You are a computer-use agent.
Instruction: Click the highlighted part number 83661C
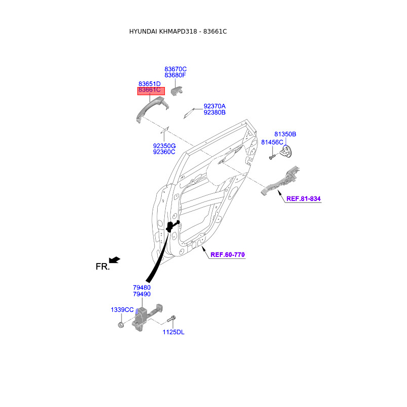tap(149, 90)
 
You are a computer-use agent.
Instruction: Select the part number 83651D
tap(149, 84)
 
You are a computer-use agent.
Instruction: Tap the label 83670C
tap(176, 69)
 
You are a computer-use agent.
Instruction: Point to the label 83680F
tap(176, 75)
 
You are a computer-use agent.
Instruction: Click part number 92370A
tap(214, 106)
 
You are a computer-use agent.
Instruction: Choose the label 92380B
tap(214, 112)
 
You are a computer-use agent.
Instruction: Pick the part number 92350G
tap(164, 146)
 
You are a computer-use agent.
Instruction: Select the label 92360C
tap(164, 152)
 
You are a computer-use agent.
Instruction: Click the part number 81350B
tap(285, 134)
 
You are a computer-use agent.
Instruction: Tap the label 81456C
tap(272, 142)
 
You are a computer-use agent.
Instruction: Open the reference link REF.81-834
tap(303, 198)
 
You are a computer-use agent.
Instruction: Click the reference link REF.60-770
tap(228, 254)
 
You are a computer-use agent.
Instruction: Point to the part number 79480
tap(141, 287)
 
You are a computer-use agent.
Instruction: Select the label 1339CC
tap(122, 310)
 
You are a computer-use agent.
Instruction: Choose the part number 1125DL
tap(173, 332)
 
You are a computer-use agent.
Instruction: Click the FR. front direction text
tap(102, 267)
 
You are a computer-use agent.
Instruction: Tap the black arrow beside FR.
tap(115, 260)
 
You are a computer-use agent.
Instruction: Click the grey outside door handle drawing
tap(151, 109)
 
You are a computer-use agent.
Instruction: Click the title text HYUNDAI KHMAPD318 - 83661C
tap(178, 32)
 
